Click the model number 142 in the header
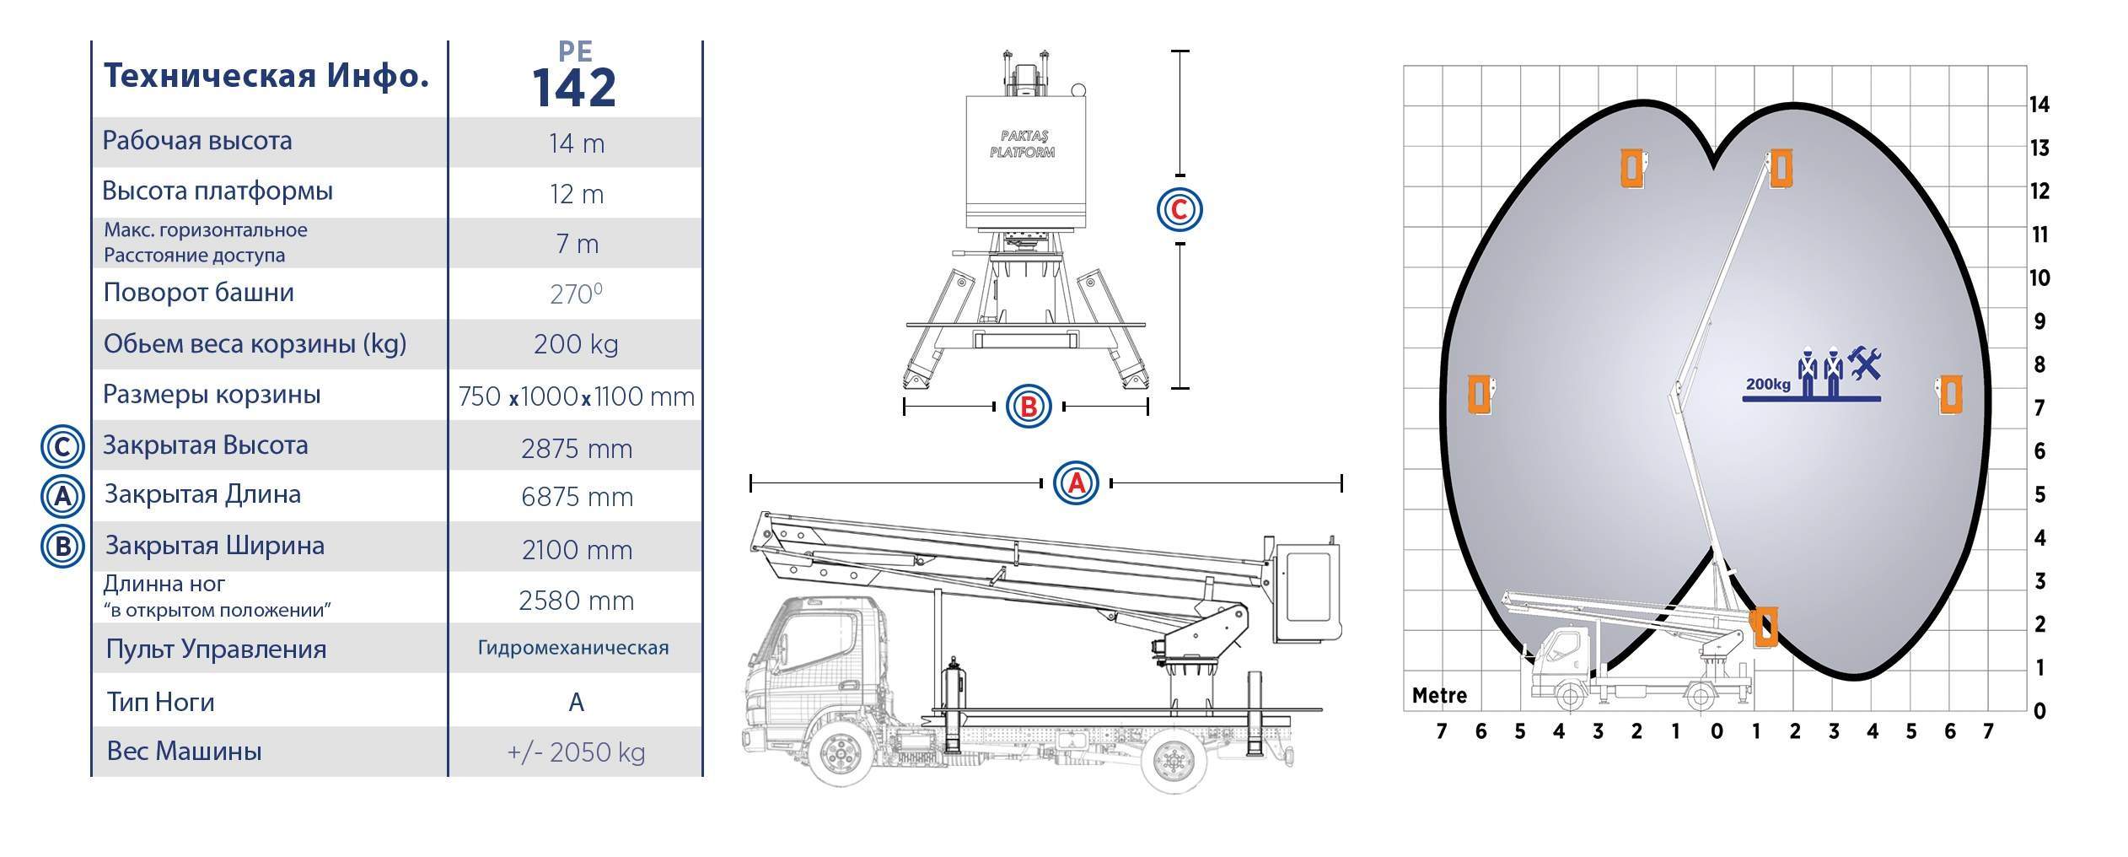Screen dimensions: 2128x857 [574, 88]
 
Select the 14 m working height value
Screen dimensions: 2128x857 [577, 143]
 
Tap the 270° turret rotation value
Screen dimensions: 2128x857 [576, 294]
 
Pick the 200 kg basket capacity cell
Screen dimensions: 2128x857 [576, 344]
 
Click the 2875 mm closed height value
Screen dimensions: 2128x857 [577, 449]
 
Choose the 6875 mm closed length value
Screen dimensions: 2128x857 [577, 497]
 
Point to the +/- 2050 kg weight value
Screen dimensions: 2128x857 [576, 752]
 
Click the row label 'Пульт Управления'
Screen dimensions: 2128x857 [216, 649]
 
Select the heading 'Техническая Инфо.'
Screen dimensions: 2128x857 [266, 77]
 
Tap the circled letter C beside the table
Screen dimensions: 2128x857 [62, 447]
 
